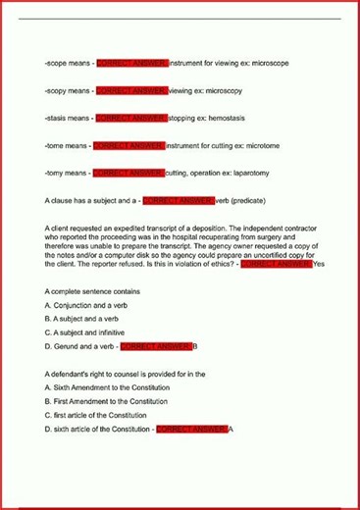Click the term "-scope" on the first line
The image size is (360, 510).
coord(56,63)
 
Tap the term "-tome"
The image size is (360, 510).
coord(55,145)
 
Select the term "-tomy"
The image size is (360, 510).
coord(55,173)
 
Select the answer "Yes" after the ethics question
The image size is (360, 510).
coord(318,264)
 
